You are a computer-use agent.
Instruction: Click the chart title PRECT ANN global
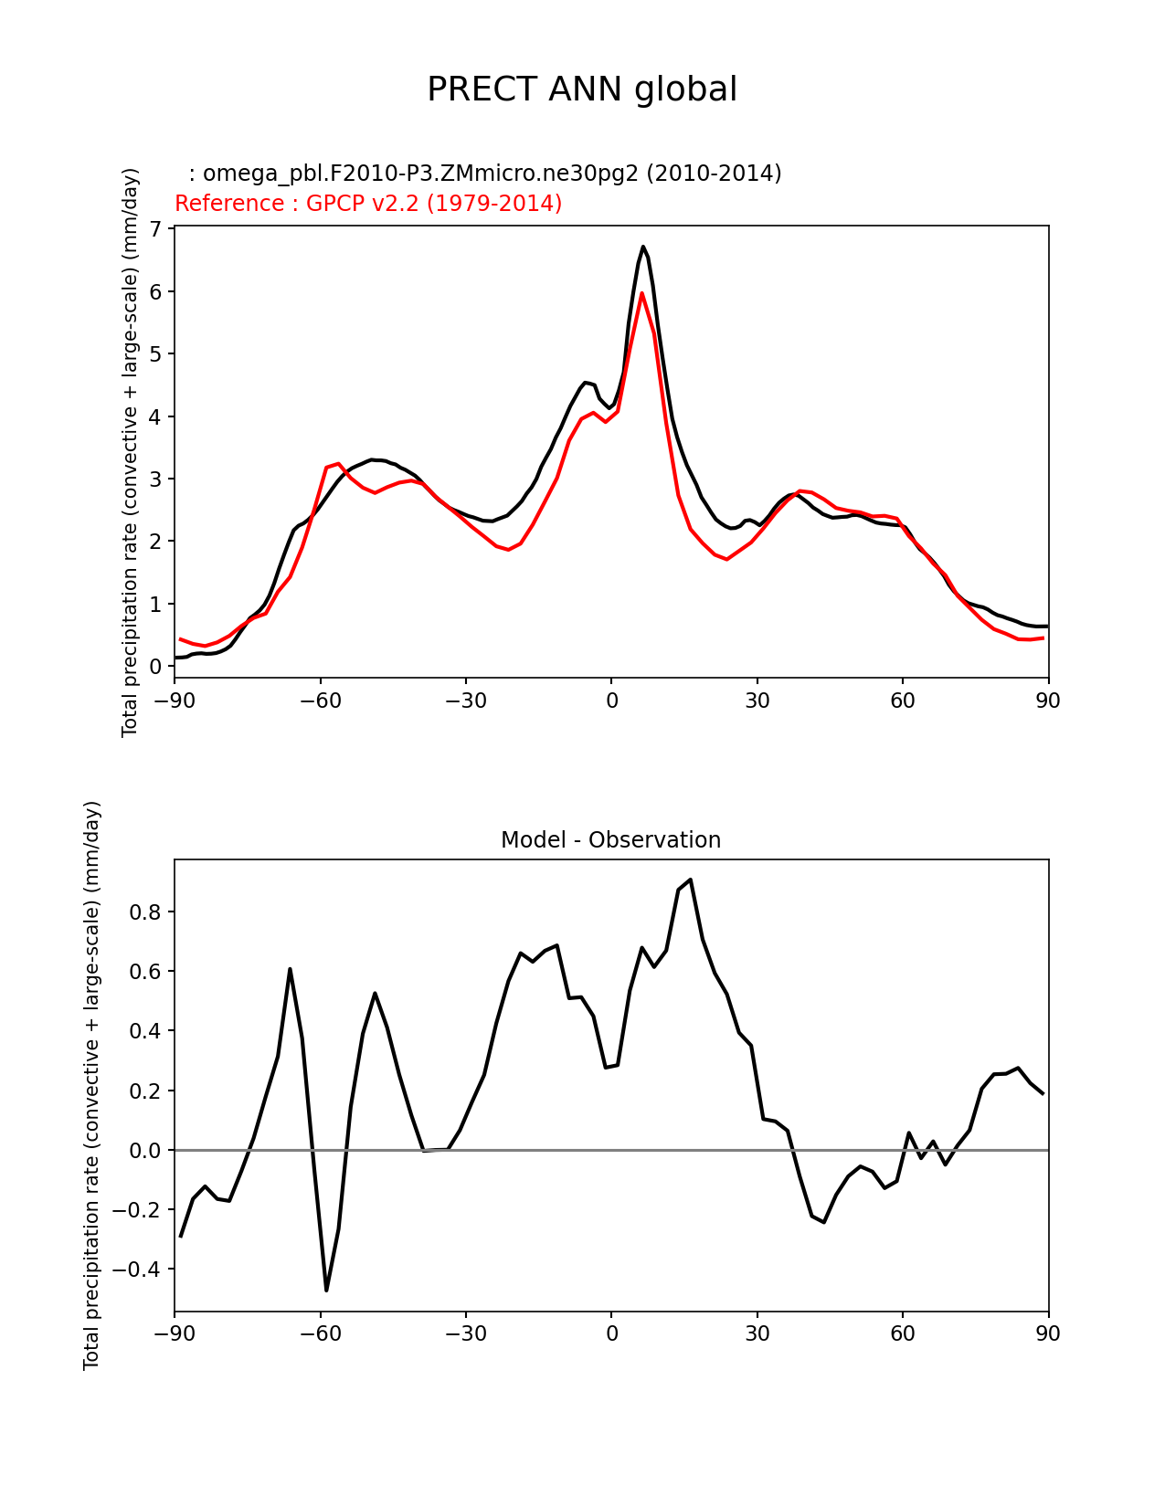pyautogui.click(x=582, y=90)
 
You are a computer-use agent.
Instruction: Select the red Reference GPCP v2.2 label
pyautogui.click(x=368, y=204)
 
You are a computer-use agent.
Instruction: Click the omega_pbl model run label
pyautogui.click(x=484, y=174)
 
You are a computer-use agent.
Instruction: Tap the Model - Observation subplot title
pyautogui.click(x=610, y=840)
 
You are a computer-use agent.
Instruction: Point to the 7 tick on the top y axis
pyautogui.click(x=155, y=228)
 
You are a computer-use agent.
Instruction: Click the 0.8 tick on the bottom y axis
pyautogui.click(x=144, y=912)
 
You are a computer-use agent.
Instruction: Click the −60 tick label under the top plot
pyautogui.click(x=320, y=701)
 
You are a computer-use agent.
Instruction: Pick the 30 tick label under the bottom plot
pyautogui.click(x=757, y=1334)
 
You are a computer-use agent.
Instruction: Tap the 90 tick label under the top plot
pyautogui.click(x=1048, y=701)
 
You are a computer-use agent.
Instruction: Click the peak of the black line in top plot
pyautogui.click(x=643, y=247)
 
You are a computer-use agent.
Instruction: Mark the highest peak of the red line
pyautogui.click(x=642, y=293)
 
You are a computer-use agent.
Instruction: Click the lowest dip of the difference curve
pyautogui.click(x=326, y=1290)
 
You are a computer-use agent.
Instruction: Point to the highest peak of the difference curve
pyautogui.click(x=691, y=880)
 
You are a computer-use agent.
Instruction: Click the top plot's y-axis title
pyautogui.click(x=130, y=452)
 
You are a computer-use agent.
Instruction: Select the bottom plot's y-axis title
pyautogui.click(x=91, y=1085)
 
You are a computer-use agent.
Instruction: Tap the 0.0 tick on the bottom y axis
pyautogui.click(x=144, y=1151)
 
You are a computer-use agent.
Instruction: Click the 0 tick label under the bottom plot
pyautogui.click(x=611, y=1334)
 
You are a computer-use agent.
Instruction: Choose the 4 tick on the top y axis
pyautogui.click(x=155, y=416)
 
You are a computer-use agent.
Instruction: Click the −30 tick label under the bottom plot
pyautogui.click(x=465, y=1334)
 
